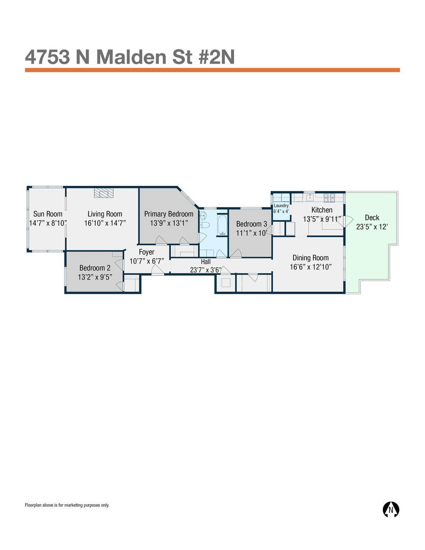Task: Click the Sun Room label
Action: tap(48, 213)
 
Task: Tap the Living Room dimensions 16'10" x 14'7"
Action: tap(105, 223)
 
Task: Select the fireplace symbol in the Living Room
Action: tap(104, 193)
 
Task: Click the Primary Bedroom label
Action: tap(168, 213)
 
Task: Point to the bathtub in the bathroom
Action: tap(222, 225)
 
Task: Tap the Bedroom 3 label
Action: tap(251, 224)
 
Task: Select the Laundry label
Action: tap(281, 206)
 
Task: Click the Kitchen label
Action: tap(322, 210)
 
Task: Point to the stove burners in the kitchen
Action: tap(330, 198)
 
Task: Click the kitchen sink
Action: tap(309, 198)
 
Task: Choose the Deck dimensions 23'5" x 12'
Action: tap(372, 227)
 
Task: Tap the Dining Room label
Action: tap(310, 258)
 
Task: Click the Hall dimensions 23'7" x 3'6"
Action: tap(206, 270)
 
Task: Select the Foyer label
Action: tap(147, 252)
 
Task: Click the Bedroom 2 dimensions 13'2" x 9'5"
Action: tap(95, 277)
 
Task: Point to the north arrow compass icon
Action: tap(390, 509)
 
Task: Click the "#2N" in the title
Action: tap(217, 57)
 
